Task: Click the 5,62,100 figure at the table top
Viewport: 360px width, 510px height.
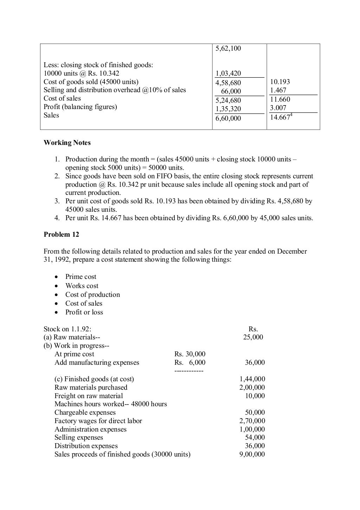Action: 228,49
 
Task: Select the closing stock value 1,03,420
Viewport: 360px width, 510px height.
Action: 228,74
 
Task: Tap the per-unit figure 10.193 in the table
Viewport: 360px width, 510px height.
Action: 280,82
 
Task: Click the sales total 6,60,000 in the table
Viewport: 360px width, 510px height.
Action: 228,119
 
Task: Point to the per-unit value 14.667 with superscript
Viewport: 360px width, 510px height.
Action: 281,117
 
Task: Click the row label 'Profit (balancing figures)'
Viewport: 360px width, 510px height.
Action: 80,107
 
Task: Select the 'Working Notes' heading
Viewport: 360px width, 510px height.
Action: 67,143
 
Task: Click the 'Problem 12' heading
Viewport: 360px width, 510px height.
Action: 61,235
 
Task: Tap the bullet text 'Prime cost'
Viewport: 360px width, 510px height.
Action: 81,277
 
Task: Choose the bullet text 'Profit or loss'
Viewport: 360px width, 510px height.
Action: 84,312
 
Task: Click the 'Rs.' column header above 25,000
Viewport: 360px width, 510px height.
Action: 253,329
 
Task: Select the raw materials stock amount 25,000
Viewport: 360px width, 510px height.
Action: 253,337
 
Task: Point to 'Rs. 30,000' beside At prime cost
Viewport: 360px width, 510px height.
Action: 190,354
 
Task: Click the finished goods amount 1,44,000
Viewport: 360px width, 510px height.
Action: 252,379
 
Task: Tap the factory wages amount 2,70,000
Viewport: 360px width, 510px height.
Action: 252,421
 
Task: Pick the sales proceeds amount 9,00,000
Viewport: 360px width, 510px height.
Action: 252,454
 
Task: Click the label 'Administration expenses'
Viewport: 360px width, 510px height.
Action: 90,429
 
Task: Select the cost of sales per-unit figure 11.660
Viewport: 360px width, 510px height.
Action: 280,100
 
